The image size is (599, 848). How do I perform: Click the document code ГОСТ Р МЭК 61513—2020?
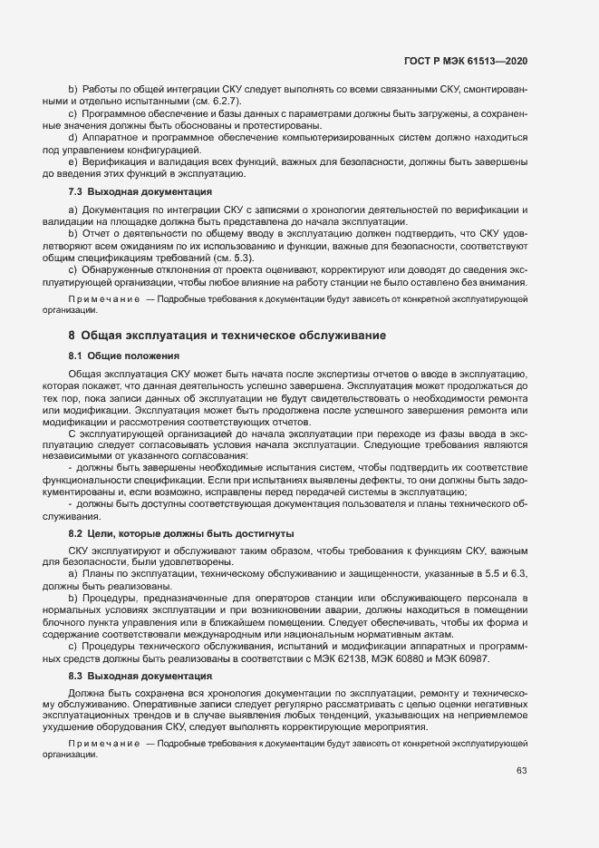[x=465, y=60]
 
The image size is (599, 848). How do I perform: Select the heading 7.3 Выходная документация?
[x=140, y=192]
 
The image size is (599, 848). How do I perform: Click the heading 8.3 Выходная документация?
[x=140, y=677]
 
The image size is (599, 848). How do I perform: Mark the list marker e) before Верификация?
[x=72, y=161]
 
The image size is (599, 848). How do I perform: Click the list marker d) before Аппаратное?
[x=72, y=137]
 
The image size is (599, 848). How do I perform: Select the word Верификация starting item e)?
[x=112, y=161]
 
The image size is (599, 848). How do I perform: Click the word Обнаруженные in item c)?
[x=120, y=270]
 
